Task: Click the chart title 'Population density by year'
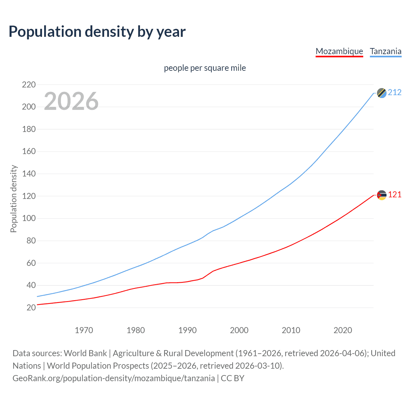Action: coord(97,32)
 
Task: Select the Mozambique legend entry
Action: coord(339,51)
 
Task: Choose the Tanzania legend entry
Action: coord(385,51)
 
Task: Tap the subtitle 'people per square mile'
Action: coord(205,68)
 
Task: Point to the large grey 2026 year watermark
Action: coord(71,101)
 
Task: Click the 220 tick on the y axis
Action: coord(29,85)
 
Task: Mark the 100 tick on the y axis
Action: coord(29,218)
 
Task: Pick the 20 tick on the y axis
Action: coord(31,307)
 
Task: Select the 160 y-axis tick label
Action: coord(29,152)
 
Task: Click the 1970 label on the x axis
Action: coord(84,330)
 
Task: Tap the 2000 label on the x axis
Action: coord(239,330)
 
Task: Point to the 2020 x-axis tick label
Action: coord(343,330)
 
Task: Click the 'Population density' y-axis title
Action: coord(13,199)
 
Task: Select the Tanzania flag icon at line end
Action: coord(381,93)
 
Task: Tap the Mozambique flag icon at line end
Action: coord(381,195)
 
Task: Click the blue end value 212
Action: coord(395,93)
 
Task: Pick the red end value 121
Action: coord(395,195)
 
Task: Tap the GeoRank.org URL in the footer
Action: coord(114,378)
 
